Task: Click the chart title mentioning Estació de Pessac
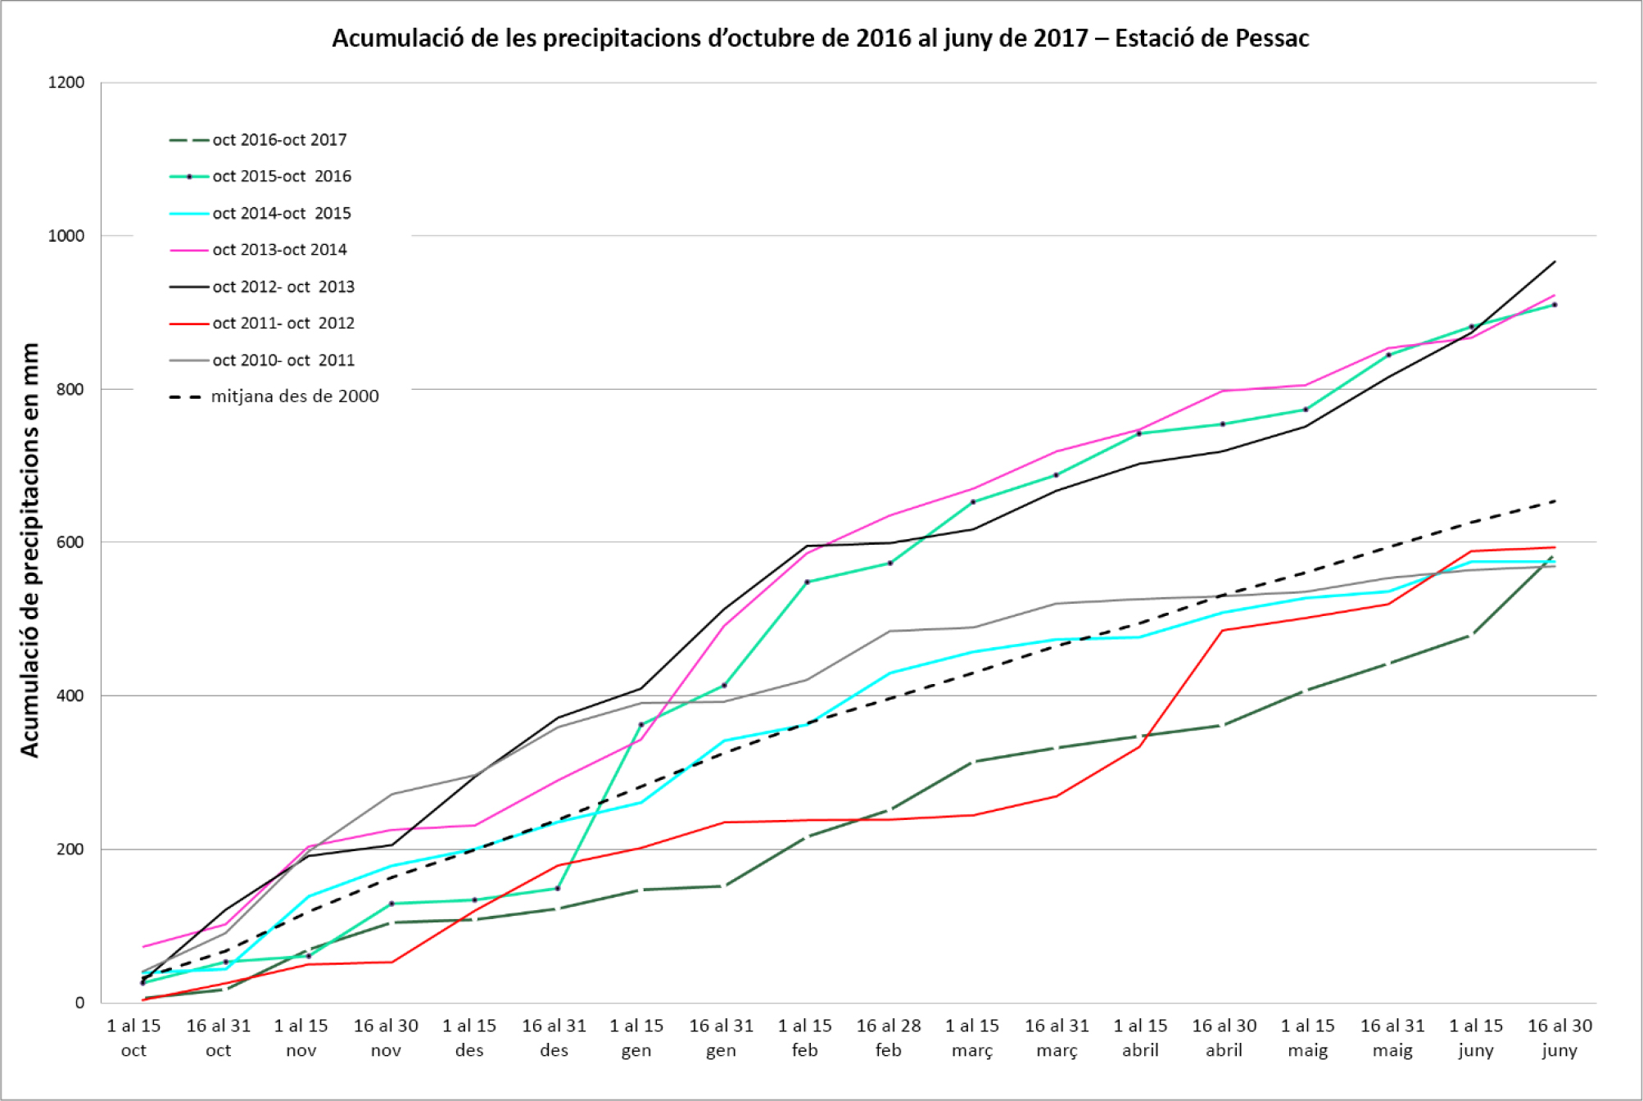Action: [820, 39]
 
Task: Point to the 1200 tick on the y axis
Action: [66, 83]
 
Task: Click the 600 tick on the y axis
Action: [70, 542]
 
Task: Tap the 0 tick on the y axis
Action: [79, 1003]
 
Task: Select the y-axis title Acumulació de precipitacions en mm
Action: [30, 550]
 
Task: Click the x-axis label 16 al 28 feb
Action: [889, 1038]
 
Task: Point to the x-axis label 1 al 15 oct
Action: [134, 1038]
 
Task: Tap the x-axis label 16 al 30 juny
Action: [1559, 1038]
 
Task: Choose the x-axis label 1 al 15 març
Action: [972, 1038]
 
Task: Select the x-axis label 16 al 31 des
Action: [554, 1038]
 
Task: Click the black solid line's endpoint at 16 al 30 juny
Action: [1555, 262]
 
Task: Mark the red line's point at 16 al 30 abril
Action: [1223, 630]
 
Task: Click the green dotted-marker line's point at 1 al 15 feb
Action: [807, 582]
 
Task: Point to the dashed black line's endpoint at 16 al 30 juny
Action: [1555, 501]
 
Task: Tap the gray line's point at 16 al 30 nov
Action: [392, 794]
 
